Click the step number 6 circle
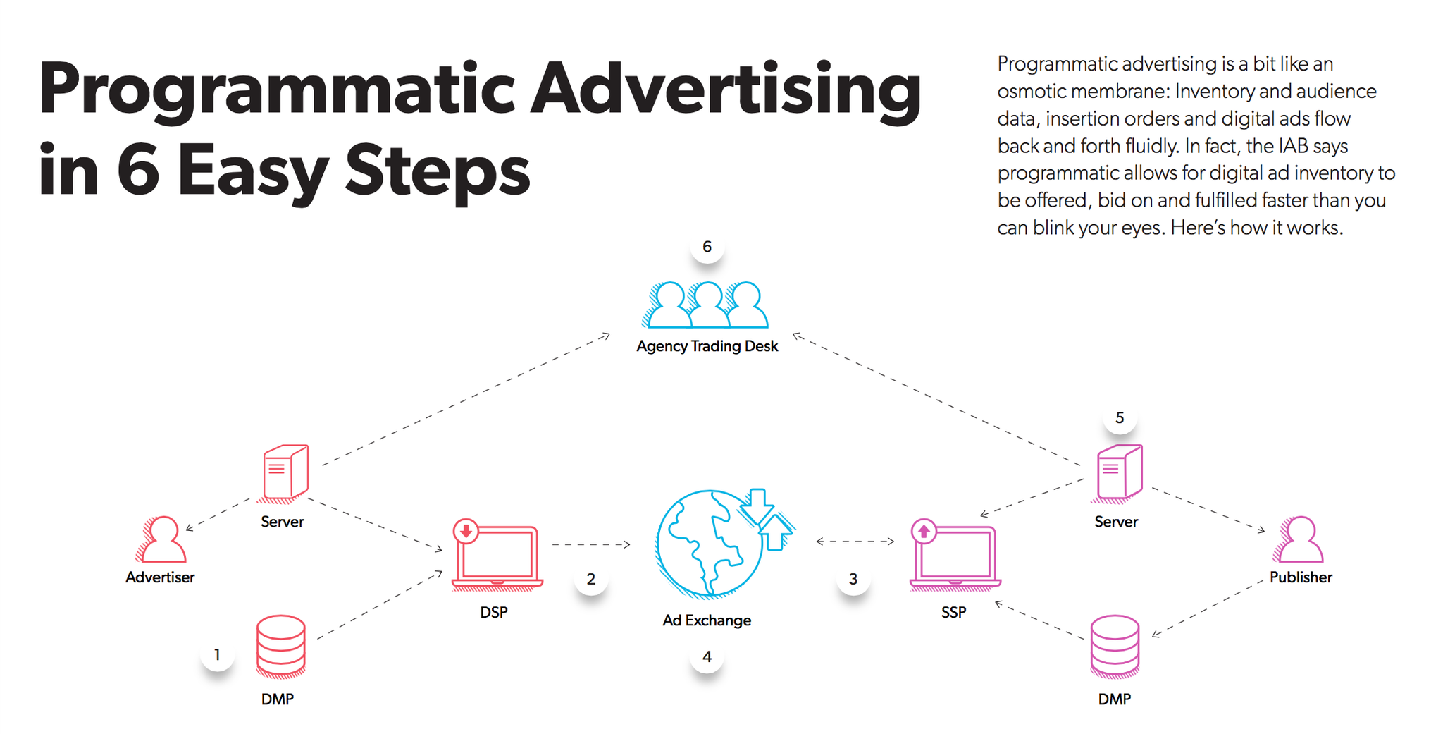[x=707, y=247]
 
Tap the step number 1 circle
[x=217, y=655]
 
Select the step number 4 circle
[x=707, y=657]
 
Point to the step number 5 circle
[x=1119, y=418]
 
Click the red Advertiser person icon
[x=163, y=540]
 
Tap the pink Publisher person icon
[x=1300, y=540]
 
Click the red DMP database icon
[x=280, y=645]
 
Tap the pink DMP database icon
[x=1115, y=645]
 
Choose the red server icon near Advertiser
[x=285, y=472]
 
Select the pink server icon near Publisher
[x=1118, y=472]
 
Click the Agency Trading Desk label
[x=707, y=346]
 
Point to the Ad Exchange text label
[x=707, y=620]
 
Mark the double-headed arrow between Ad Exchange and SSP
[x=855, y=542]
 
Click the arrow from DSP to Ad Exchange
[x=590, y=544]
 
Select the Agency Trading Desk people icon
[x=707, y=305]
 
